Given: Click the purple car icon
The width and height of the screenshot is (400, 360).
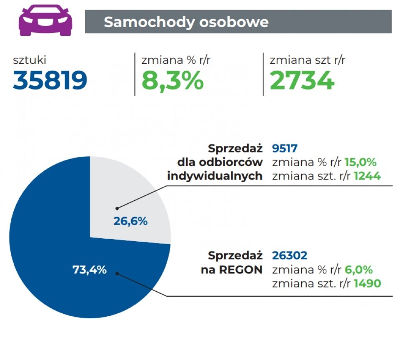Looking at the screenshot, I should (45, 20).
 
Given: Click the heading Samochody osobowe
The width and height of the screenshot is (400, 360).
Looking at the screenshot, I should (186, 22).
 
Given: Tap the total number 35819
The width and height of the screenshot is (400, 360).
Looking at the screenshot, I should (50, 80).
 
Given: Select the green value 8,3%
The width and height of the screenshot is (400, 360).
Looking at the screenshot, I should (172, 80).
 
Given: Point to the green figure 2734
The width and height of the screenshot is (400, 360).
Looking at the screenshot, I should (302, 80).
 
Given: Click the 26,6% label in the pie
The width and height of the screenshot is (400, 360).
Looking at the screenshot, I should (130, 221).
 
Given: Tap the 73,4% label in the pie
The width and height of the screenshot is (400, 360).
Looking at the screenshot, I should (90, 270).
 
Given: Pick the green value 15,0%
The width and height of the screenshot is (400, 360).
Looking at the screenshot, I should (360, 162).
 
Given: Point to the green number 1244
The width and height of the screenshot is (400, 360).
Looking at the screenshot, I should (367, 176).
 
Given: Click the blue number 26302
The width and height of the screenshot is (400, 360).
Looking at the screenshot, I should (290, 255).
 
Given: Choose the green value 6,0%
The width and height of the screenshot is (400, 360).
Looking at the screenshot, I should (358, 269).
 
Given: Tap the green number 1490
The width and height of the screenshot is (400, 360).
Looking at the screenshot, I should (367, 283).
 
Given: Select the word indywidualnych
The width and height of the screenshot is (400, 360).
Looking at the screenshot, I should (215, 176).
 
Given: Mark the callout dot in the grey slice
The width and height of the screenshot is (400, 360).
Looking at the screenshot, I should (117, 207).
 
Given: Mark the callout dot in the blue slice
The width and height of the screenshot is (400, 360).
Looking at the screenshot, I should (117, 274).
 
